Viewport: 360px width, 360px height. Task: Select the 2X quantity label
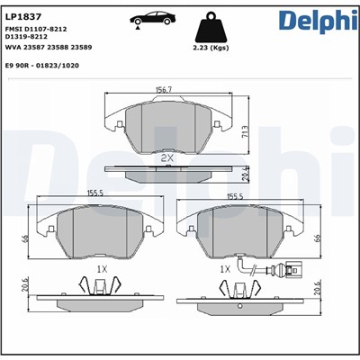pos(166,157)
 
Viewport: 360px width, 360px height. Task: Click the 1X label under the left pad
pos(101,268)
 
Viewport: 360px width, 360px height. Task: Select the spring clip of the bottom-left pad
pos(100,287)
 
